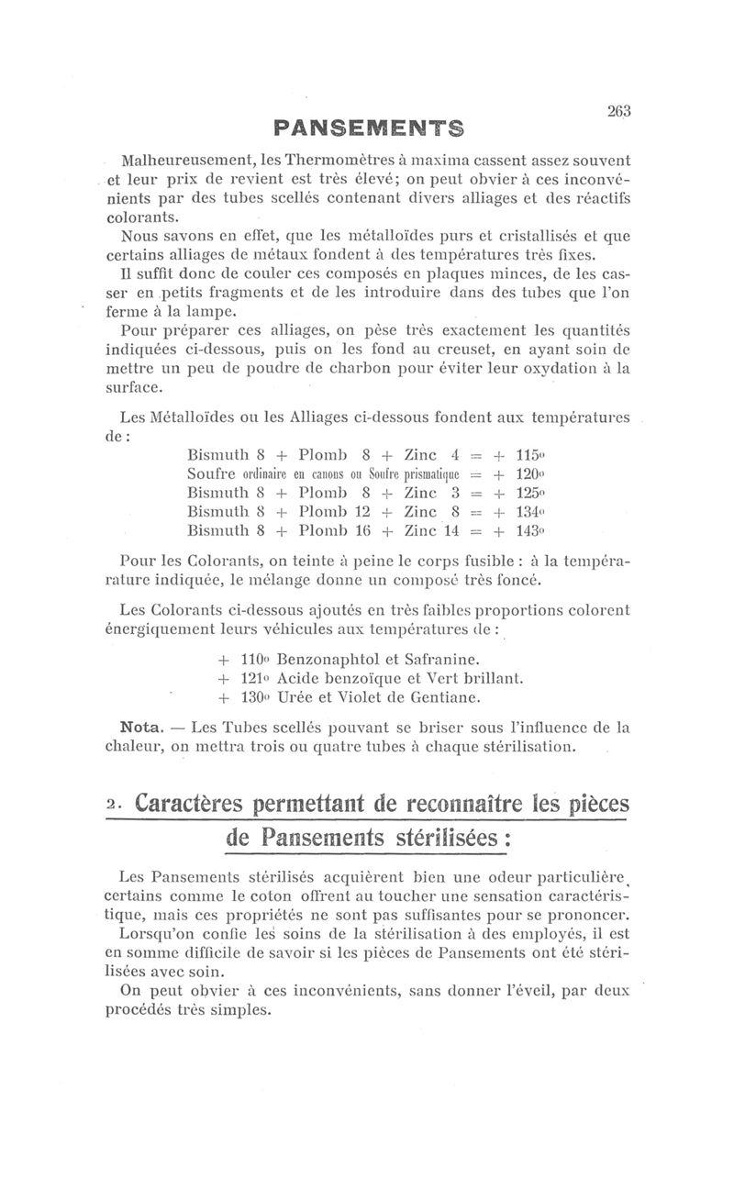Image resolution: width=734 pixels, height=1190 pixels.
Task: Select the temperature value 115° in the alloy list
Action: (532, 455)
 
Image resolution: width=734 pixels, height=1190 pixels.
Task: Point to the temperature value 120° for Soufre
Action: (532, 474)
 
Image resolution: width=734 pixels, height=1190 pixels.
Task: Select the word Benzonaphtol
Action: (324, 659)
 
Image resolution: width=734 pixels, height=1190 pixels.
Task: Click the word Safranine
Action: (437, 659)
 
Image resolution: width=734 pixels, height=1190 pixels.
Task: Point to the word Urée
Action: (295, 697)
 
